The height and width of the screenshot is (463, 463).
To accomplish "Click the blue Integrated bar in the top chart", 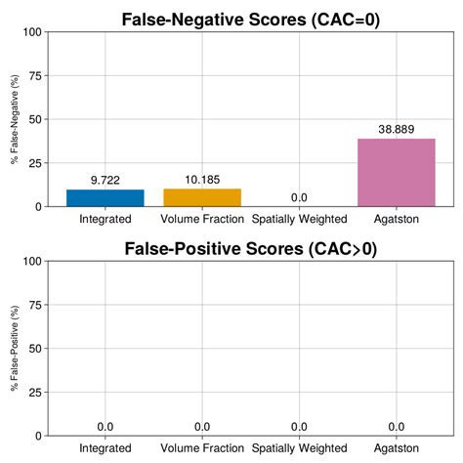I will (105, 197).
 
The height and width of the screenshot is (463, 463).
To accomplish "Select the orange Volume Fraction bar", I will (202, 197).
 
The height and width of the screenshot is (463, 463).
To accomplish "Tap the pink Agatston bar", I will (396, 172).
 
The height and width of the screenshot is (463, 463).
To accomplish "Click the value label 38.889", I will (396, 129).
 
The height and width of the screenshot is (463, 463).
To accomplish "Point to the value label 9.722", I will (105, 180).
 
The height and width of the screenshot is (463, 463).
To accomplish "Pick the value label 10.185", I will (202, 180).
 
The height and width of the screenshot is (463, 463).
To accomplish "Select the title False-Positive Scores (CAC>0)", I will (250, 248).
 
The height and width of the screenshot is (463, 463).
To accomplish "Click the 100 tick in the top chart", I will (31, 32).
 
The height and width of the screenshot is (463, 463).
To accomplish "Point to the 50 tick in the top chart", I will (34, 119).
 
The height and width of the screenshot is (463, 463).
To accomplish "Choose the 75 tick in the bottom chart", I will (34, 305).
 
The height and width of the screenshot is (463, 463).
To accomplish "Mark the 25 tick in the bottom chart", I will (34, 392).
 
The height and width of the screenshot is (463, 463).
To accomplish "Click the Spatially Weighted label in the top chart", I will (299, 220).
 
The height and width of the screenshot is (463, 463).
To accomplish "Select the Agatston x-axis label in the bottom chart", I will (396, 448).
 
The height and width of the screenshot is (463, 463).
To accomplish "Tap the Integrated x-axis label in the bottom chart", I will (105, 448).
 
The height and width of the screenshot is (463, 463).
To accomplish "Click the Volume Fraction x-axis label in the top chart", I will (202, 220).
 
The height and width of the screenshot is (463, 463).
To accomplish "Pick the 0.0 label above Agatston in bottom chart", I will (396, 427).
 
